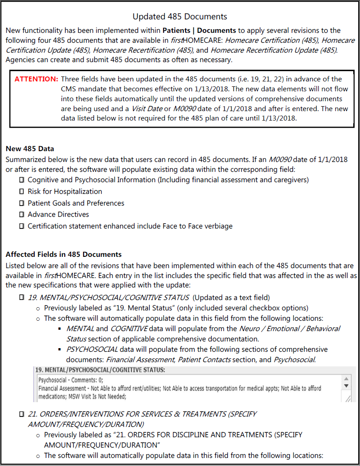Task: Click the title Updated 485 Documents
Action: [x=180, y=17]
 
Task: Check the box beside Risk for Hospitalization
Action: [x=22, y=192]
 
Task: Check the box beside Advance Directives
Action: [x=22, y=215]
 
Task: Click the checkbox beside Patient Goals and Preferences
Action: [x=22, y=203]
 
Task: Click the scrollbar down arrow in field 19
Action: [x=346, y=385]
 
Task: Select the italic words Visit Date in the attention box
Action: [x=147, y=109]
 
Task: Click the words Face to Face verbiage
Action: [x=198, y=226]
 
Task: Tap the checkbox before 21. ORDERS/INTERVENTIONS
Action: [x=22, y=414]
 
